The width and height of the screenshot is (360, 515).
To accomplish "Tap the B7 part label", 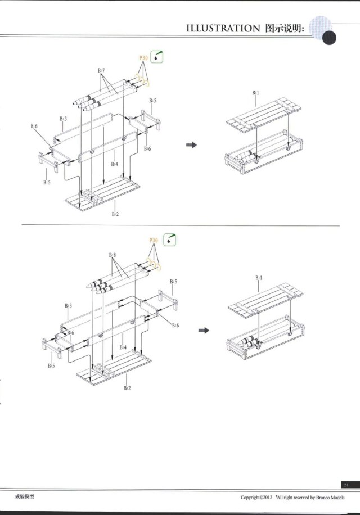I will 101,70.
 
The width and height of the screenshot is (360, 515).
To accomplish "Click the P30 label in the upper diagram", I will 143,58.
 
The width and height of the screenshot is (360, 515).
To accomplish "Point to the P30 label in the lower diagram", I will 154,241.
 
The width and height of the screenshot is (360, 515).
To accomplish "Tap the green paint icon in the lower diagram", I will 169,240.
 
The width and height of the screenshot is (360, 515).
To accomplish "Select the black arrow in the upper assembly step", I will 192,145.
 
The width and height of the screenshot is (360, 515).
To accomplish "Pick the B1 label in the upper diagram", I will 255,92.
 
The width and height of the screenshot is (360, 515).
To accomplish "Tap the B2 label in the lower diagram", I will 127,388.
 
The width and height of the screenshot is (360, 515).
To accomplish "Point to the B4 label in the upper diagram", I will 115,164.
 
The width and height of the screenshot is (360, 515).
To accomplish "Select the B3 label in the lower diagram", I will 68,306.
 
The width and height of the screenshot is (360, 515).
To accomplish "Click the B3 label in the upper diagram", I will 64,119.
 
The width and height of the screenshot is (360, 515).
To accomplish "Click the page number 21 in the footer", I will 346,485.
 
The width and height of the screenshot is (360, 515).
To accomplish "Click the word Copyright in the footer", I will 251,498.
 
